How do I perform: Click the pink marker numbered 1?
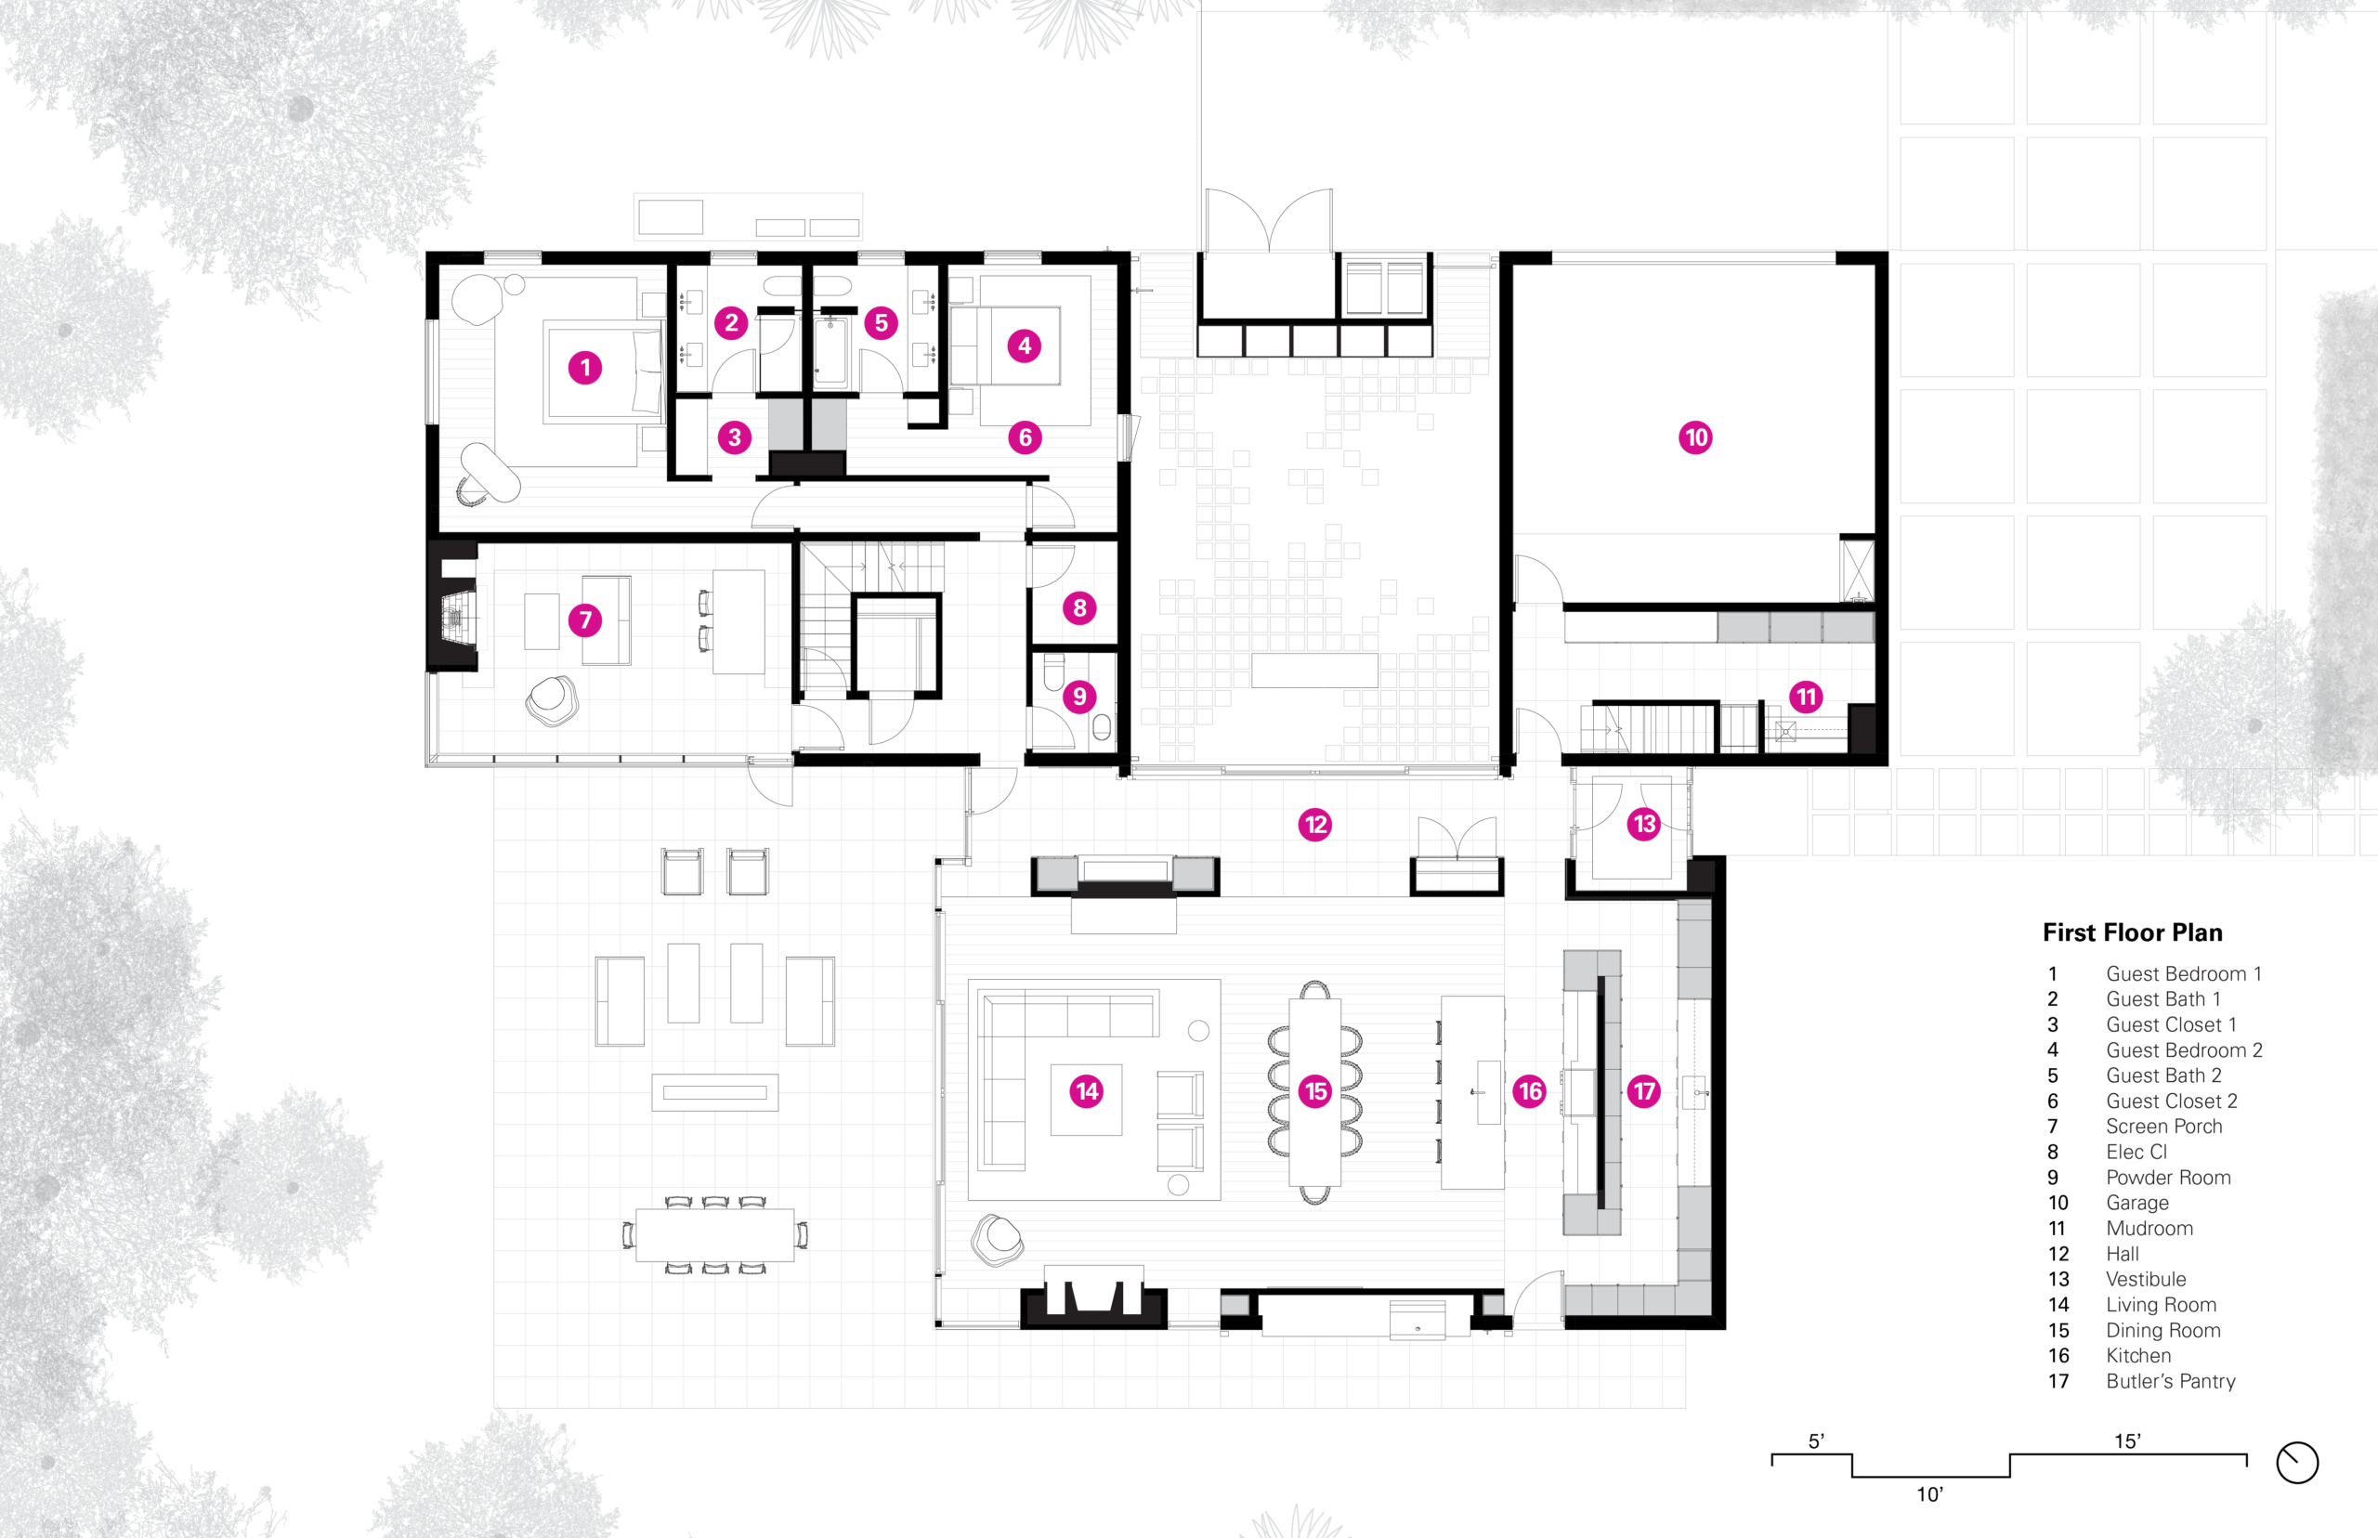[585, 368]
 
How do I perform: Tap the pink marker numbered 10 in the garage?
[1695, 437]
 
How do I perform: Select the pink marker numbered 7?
[585, 620]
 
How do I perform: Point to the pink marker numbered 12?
[1315, 825]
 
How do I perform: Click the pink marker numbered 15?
[1315, 1091]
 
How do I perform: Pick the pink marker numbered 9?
[1078, 697]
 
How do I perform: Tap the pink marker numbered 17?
[1644, 1091]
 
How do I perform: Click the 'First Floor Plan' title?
[2133, 932]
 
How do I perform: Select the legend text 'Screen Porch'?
[2164, 1127]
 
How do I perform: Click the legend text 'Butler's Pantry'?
[2171, 1381]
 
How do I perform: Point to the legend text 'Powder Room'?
[2168, 1178]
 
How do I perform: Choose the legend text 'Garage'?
[2137, 1204]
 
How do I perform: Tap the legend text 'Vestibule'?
[2147, 1279]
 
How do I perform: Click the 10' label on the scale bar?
[1929, 1495]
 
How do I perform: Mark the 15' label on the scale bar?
[2127, 1441]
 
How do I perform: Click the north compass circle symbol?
[2297, 1462]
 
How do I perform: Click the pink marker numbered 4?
[1024, 346]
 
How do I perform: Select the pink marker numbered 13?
[1644, 824]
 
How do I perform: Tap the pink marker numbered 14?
[1087, 1091]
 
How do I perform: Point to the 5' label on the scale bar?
[1817, 1441]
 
